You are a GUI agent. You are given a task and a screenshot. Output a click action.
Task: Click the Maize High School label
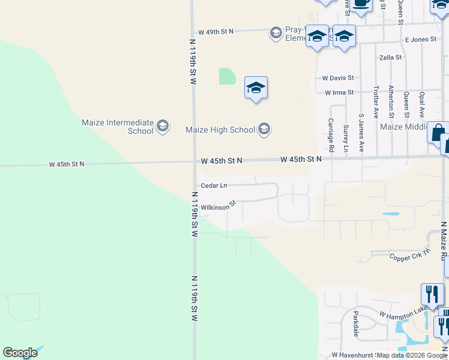click(220, 130)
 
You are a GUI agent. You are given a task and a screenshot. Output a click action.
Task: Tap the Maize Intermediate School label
click(118, 127)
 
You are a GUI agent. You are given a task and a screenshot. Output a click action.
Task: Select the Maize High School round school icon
click(264, 129)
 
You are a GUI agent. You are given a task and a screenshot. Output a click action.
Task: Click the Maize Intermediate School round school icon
click(162, 126)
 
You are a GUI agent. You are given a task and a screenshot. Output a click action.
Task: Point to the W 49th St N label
click(215, 31)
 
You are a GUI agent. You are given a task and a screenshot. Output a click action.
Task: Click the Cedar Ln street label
click(214, 185)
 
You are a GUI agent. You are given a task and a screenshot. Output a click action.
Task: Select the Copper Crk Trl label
click(410, 256)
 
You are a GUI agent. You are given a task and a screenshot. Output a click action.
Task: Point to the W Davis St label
click(338, 78)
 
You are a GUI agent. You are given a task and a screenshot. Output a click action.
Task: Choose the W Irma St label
click(339, 92)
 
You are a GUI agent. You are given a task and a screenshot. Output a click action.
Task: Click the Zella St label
click(391, 58)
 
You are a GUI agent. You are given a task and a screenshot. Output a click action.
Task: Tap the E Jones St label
click(420, 40)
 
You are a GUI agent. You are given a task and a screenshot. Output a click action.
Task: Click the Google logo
click(20, 353)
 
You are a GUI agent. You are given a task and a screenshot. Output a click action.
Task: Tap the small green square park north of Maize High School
click(227, 76)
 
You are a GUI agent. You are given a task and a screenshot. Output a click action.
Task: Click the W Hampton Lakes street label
click(405, 311)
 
